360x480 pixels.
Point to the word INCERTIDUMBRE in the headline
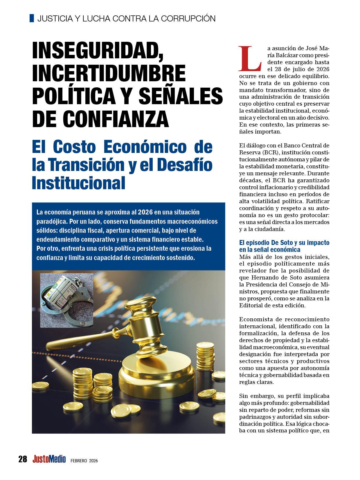[109, 74]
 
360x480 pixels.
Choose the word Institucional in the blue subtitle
[78, 183]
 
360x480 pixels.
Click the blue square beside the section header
[32, 18]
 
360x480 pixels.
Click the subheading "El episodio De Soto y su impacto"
[284, 243]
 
